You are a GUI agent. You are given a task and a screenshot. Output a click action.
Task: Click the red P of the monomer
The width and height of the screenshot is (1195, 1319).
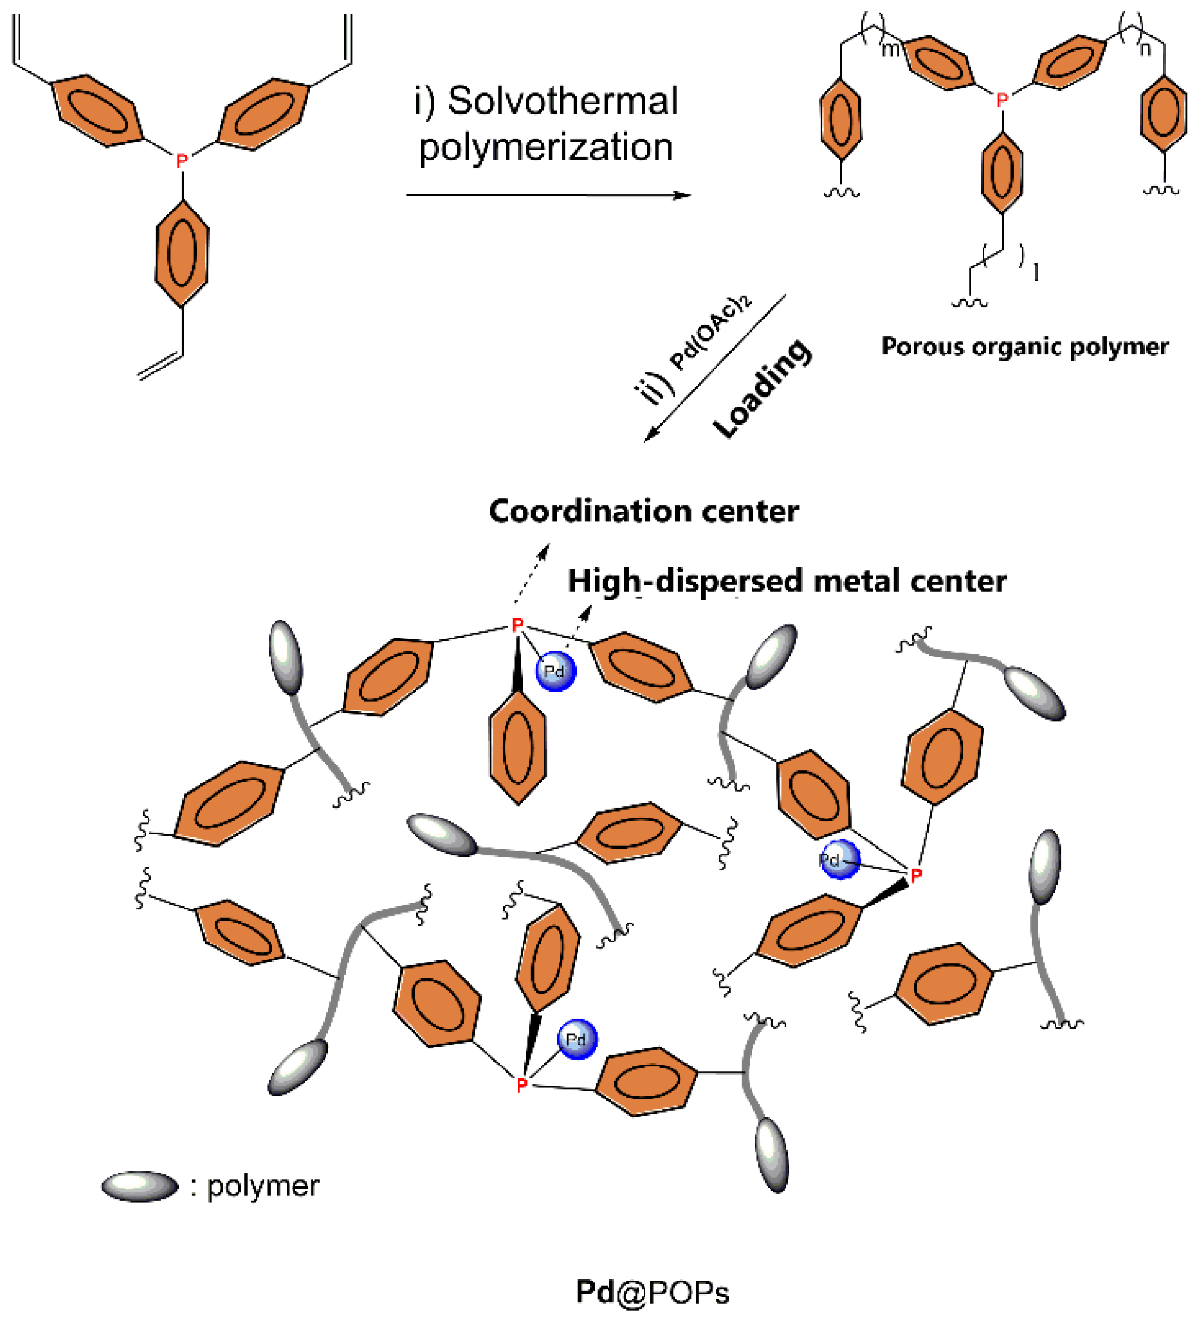(x=182, y=160)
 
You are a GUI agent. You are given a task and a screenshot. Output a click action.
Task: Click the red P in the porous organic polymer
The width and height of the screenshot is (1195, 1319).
(x=1001, y=100)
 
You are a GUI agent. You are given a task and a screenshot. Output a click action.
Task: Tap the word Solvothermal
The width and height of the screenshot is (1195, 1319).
(x=562, y=101)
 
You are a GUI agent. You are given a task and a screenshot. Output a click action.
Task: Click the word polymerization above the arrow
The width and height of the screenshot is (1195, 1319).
(x=546, y=147)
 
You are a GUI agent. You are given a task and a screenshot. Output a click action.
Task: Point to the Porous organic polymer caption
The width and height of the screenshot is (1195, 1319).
(x=1024, y=347)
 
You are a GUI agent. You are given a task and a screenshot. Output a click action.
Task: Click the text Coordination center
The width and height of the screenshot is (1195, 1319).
(x=643, y=511)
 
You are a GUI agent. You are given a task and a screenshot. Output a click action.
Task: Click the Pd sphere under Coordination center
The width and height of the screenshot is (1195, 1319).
(x=555, y=671)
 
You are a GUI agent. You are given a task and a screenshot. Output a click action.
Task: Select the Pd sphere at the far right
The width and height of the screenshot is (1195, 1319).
(x=839, y=860)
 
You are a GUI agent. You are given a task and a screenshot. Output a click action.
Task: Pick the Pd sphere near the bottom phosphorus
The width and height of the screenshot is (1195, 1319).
(x=577, y=1039)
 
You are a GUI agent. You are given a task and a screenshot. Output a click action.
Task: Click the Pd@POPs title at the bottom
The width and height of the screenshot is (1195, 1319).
(x=652, y=1292)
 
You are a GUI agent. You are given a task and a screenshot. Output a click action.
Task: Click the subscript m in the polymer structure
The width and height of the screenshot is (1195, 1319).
(x=890, y=49)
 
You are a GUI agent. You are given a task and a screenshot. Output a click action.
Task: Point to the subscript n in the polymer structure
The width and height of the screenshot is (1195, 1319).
(x=1145, y=49)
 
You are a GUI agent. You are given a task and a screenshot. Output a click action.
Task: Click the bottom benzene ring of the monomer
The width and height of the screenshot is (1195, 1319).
(x=182, y=253)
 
